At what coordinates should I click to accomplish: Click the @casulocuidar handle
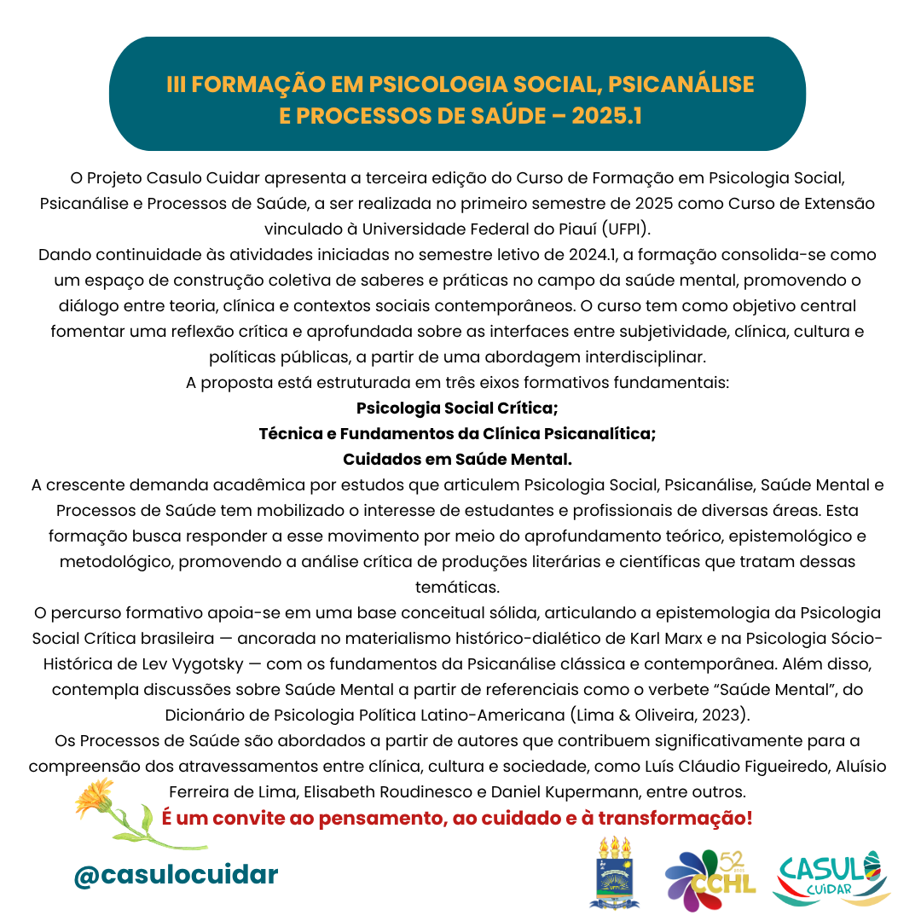176,874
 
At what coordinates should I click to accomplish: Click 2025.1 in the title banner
606,115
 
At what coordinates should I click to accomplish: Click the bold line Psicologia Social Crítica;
457,408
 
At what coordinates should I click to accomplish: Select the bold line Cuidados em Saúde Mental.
457,459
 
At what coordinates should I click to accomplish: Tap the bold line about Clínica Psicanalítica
457,433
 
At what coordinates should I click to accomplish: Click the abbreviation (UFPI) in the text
626,229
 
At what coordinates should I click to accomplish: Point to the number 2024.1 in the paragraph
589,255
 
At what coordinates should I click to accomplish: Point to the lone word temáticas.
457,587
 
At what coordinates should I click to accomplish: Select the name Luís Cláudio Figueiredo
730,765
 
